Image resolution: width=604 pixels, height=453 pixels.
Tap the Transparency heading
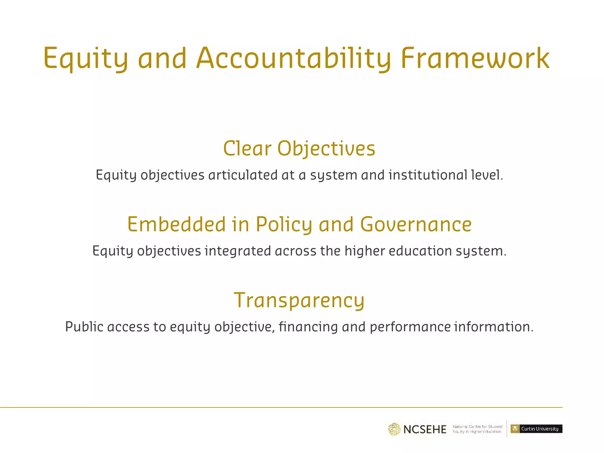(x=299, y=300)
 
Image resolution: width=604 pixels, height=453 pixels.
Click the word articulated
(x=243, y=175)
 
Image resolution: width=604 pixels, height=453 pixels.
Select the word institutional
(x=428, y=175)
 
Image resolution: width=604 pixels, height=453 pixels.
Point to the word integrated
(x=238, y=251)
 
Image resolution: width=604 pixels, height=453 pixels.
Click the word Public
(x=84, y=327)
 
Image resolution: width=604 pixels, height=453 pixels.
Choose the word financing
(x=308, y=327)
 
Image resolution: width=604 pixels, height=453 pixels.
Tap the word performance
(x=410, y=327)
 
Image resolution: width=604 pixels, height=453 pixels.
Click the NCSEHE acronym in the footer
(x=425, y=429)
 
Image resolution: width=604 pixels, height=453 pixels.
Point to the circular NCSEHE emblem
(x=394, y=429)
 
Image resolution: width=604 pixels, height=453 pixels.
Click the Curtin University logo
(x=536, y=429)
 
